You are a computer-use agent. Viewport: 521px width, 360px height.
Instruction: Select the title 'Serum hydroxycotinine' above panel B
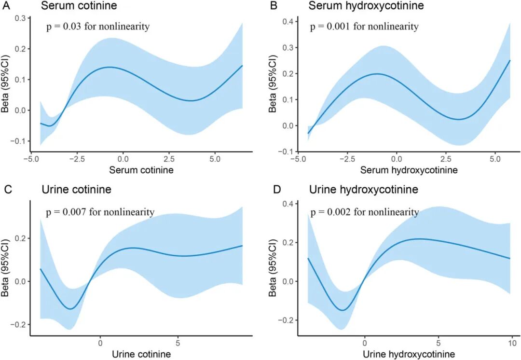(x=360, y=6)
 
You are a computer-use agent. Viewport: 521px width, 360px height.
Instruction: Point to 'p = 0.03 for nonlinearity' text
(x=98, y=27)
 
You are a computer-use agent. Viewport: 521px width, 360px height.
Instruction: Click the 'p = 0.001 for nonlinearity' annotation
(x=364, y=27)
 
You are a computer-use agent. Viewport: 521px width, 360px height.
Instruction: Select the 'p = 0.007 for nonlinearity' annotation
(x=100, y=212)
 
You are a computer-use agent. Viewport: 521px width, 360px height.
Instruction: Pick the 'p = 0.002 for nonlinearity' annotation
(x=364, y=212)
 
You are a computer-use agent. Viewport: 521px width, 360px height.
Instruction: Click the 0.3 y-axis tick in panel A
(x=20, y=18)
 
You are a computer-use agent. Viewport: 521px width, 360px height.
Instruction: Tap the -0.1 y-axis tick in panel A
(x=19, y=141)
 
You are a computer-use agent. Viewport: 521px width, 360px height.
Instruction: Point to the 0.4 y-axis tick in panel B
(x=288, y=22)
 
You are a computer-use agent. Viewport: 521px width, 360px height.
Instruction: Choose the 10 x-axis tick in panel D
(x=513, y=343)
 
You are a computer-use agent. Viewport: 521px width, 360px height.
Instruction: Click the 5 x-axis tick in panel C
(x=178, y=343)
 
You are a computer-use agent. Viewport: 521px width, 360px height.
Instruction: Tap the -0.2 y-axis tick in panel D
(x=287, y=320)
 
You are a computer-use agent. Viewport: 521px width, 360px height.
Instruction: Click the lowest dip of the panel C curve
(x=71, y=309)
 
